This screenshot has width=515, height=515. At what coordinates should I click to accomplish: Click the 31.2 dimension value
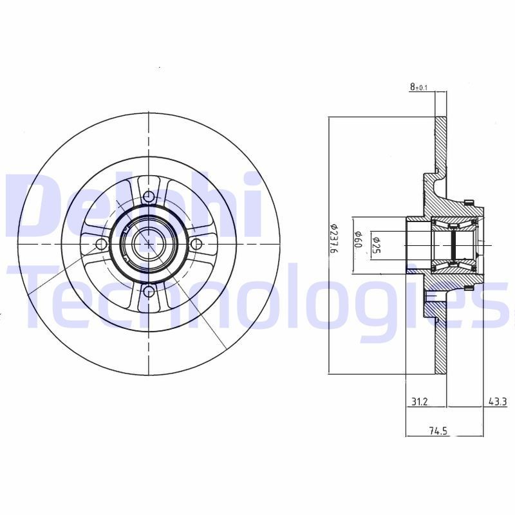coord(419,402)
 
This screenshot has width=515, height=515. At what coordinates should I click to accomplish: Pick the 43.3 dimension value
coord(496,402)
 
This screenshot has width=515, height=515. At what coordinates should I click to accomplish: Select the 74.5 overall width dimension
coord(438,432)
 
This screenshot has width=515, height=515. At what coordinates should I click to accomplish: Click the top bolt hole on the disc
coord(149,196)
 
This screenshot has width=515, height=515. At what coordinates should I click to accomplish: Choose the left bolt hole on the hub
coord(100,244)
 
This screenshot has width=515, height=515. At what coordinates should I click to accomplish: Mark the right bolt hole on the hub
coord(197,243)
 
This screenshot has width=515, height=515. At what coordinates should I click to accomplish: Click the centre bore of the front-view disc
coord(149,244)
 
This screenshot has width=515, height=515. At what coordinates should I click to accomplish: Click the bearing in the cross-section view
coord(454,245)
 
